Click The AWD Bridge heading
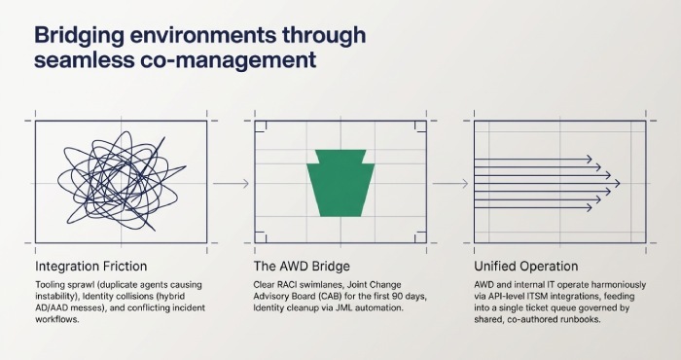click(302, 266)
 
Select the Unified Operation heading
click(525, 266)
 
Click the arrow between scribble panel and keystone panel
click(230, 183)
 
